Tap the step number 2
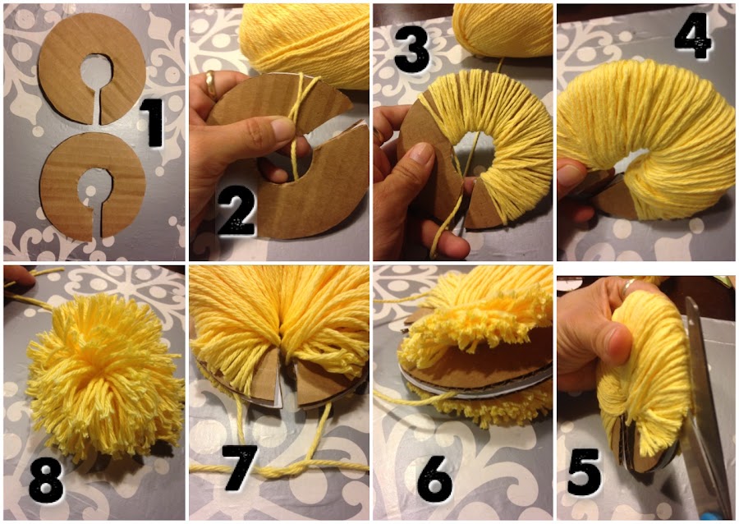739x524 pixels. pyautogui.click(x=237, y=215)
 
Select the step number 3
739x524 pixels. pyautogui.click(x=412, y=49)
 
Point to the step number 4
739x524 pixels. pyautogui.click(x=694, y=36)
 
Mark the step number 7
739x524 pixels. pyautogui.click(x=241, y=467)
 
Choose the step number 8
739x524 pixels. pyautogui.click(x=46, y=480)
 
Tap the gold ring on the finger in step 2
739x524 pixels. pyautogui.click(x=210, y=84)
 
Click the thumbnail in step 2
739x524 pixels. pyautogui.click(x=283, y=127)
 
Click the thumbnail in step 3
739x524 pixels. pyautogui.click(x=422, y=154)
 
